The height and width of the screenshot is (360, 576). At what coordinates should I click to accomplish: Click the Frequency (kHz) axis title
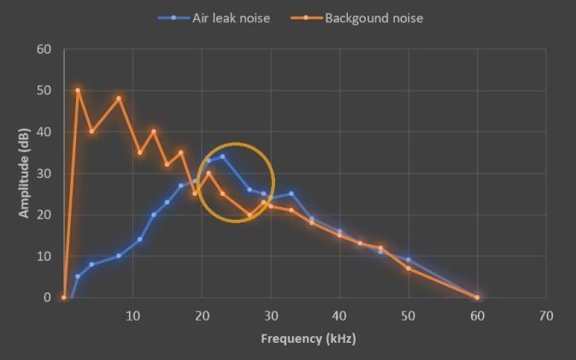click(308, 339)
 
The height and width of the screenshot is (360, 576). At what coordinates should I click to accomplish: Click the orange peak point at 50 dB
click(78, 90)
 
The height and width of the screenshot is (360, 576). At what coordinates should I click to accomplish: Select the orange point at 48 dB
click(119, 98)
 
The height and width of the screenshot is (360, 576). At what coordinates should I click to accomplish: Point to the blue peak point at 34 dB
click(222, 156)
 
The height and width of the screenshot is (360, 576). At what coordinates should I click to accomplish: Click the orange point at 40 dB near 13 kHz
click(154, 132)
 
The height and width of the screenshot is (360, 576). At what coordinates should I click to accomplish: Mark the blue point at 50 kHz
click(408, 260)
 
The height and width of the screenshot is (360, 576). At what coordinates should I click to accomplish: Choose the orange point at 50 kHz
click(408, 269)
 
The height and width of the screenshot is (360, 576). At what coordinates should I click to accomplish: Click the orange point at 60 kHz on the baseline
click(477, 298)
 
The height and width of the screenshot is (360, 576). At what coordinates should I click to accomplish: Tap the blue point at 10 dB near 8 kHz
click(119, 256)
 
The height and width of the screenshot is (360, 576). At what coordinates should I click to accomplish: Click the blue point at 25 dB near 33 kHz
click(291, 193)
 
